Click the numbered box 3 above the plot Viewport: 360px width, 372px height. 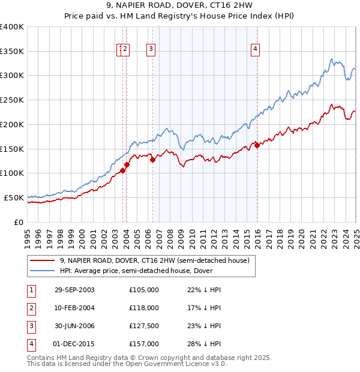point(151,50)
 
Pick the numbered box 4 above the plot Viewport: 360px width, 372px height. point(255,50)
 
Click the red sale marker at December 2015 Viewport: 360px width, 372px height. point(257,145)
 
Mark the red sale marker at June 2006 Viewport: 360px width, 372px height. point(152,160)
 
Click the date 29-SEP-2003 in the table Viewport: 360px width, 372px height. point(74,290)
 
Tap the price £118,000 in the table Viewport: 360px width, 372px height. point(144,308)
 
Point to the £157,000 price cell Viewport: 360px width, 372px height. point(144,344)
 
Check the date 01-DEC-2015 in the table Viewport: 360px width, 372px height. point(74,344)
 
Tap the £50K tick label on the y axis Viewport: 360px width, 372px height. point(14,197)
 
